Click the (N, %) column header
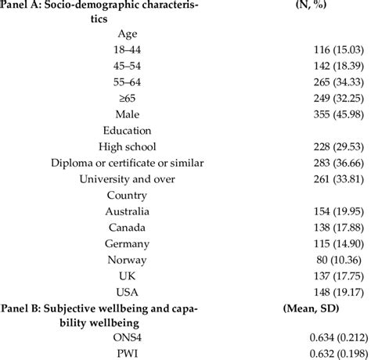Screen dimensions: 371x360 point(309,7)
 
